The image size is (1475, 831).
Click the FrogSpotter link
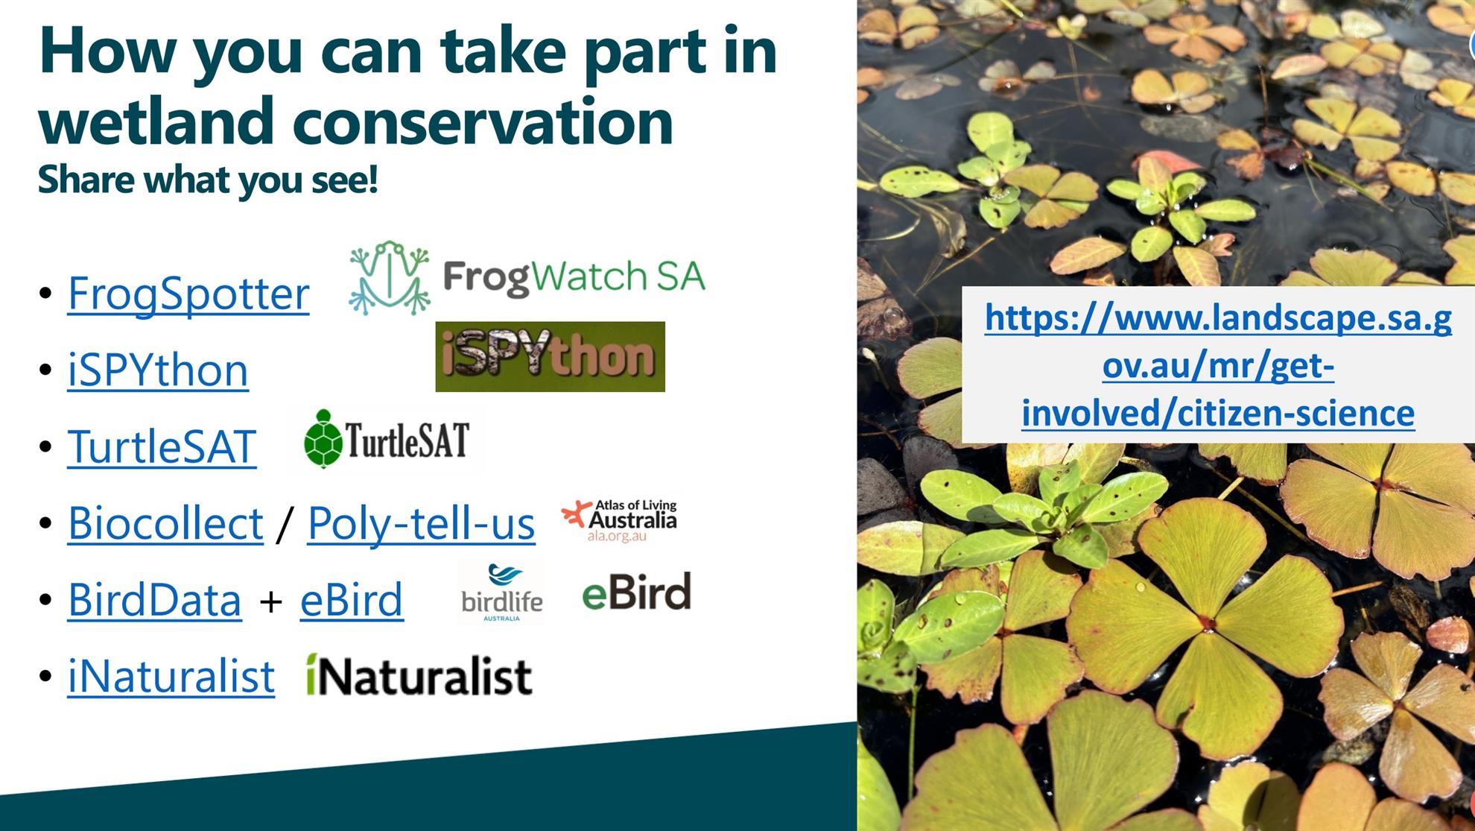(x=188, y=294)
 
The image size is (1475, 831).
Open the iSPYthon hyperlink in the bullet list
(x=158, y=370)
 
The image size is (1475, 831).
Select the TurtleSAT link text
(x=162, y=446)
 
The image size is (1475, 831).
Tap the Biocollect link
(x=165, y=523)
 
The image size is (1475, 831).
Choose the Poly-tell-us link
(x=421, y=523)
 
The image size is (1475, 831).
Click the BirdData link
(x=154, y=600)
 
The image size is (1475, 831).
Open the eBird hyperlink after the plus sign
(x=352, y=600)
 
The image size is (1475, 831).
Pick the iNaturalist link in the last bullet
(x=171, y=677)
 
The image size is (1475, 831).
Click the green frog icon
(x=390, y=277)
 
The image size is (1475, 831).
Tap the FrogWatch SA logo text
(x=574, y=277)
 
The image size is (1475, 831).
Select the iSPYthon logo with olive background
(x=550, y=356)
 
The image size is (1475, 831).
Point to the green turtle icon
(x=323, y=439)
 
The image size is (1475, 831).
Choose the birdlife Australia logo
(x=501, y=593)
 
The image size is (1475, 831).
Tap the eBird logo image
(x=636, y=592)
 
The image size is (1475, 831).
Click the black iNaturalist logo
(x=419, y=675)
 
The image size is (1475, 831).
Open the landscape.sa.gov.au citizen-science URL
(x=1218, y=365)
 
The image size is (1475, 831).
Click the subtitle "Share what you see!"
(x=208, y=180)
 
